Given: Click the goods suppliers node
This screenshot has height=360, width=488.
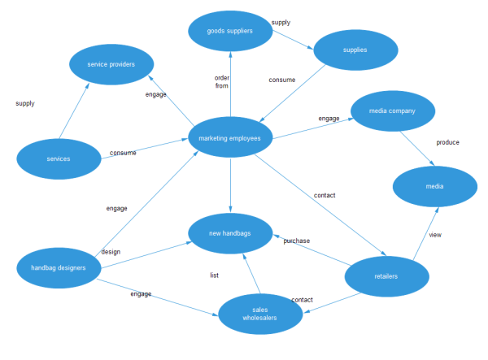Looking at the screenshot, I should [x=230, y=31].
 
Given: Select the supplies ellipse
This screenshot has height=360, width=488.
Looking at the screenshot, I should [x=355, y=50].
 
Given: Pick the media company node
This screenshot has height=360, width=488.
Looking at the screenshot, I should [x=392, y=111].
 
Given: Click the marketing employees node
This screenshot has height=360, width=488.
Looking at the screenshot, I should [x=230, y=138].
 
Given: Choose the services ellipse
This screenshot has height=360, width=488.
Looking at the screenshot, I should [x=59, y=158].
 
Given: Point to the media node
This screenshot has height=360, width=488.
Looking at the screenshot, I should [x=434, y=187].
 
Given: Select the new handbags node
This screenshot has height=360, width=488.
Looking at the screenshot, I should [x=230, y=233].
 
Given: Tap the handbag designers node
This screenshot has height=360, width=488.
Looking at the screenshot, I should [x=59, y=267].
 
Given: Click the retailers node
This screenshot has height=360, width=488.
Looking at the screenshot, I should [x=386, y=277].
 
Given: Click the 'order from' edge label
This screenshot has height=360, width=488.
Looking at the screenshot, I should [x=222, y=82].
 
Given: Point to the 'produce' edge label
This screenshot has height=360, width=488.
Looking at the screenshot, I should [x=447, y=142].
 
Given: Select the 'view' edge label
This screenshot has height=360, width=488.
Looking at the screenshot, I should [x=435, y=236].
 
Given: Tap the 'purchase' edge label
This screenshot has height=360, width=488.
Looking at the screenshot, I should [x=296, y=241].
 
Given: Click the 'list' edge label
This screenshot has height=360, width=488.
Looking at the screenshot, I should [x=214, y=275].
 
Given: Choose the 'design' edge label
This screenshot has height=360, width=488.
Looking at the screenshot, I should [x=111, y=252].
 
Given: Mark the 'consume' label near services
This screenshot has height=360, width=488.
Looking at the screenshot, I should [x=123, y=153].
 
